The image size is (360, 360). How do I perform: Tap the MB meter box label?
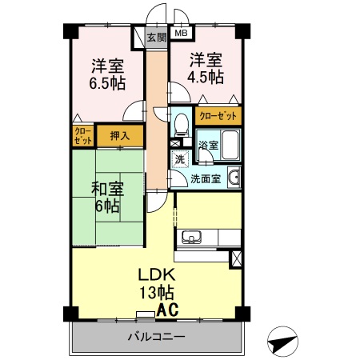pyautogui.click(x=181, y=34)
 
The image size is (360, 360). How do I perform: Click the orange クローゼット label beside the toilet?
pyautogui.click(x=217, y=115)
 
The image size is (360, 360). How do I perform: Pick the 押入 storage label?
pyautogui.click(x=120, y=136)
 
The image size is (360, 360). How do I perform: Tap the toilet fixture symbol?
pyautogui.click(x=181, y=122)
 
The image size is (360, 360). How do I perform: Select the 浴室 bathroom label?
pyautogui.click(x=207, y=146)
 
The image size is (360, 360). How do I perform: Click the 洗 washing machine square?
pyautogui.click(x=181, y=158)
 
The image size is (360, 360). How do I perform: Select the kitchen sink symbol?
pyautogui.click(x=193, y=237)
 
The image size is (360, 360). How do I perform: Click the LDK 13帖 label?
pyautogui.click(x=158, y=282)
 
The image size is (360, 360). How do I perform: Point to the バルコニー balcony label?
pyautogui.click(x=156, y=336)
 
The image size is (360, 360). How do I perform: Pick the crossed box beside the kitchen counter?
pyautogui.click(x=235, y=258)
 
